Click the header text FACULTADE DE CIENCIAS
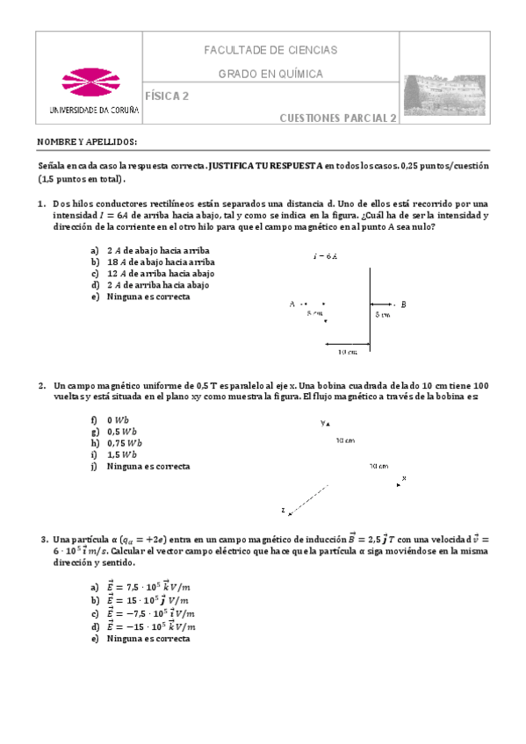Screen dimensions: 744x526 click(x=270, y=51)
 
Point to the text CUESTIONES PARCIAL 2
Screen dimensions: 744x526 click(x=338, y=118)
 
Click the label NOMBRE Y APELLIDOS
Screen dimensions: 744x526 click(x=87, y=141)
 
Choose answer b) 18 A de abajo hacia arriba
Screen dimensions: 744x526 click(x=160, y=261)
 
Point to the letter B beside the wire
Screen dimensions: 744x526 click(x=403, y=304)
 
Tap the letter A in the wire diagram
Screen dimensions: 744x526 click(x=292, y=304)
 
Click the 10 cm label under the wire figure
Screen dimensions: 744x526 click(x=347, y=353)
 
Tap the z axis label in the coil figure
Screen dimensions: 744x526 click(x=284, y=510)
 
